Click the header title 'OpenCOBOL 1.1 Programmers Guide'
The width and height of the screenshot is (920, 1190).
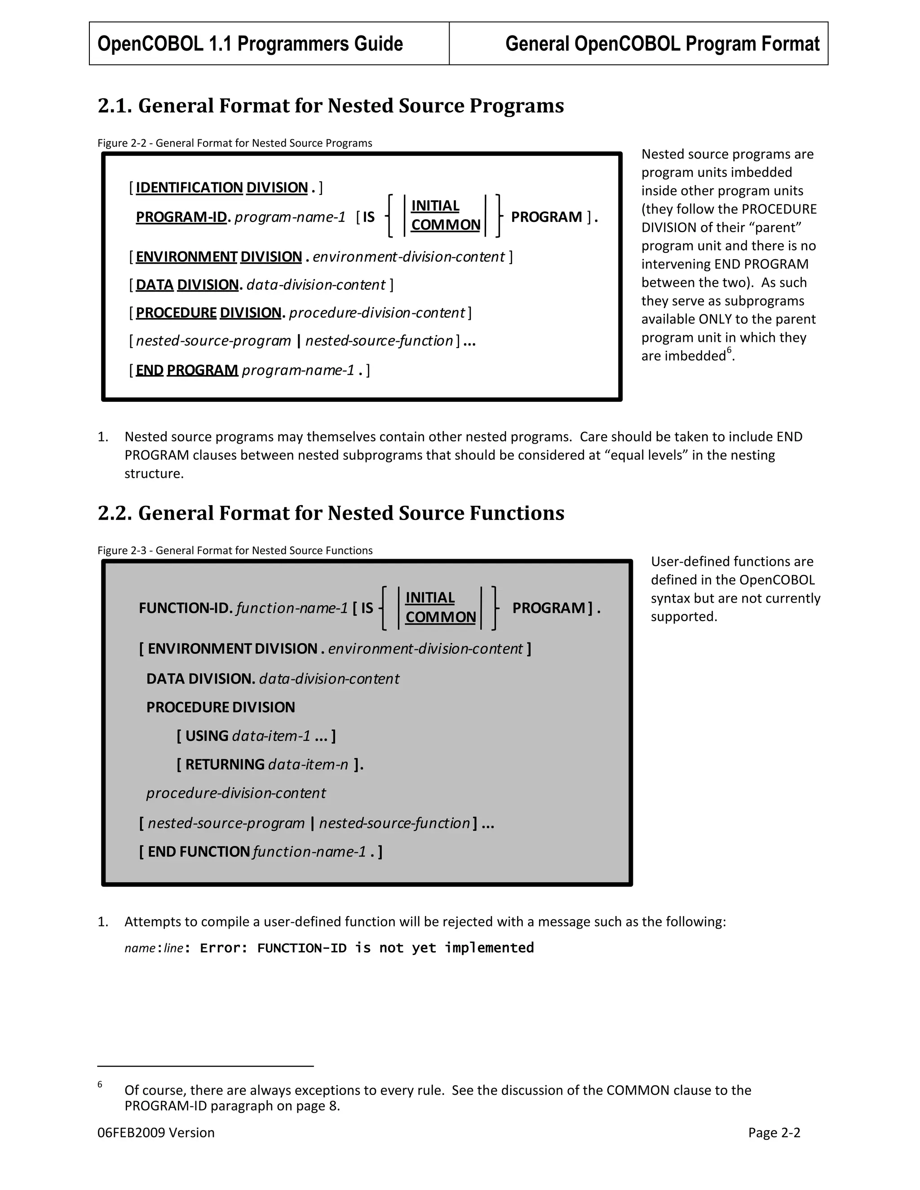point(250,44)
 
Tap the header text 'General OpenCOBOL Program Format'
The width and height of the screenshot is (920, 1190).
point(662,44)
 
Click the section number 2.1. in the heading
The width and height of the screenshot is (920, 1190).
point(115,106)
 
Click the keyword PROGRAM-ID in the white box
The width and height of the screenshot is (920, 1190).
point(181,217)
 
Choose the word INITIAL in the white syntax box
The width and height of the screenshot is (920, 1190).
point(435,206)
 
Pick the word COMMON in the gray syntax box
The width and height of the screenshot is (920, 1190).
point(440,617)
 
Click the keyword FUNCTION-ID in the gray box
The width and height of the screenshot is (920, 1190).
point(186,608)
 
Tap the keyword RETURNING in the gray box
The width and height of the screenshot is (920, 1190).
point(225,764)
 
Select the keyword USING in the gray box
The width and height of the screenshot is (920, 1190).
point(207,736)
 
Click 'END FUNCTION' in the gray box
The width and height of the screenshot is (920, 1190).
point(199,851)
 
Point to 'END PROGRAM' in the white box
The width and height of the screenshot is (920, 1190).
point(186,370)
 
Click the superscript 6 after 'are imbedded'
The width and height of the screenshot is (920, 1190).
point(729,351)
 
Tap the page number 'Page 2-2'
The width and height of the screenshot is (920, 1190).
point(774,1133)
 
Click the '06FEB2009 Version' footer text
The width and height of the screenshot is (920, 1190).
point(156,1133)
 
